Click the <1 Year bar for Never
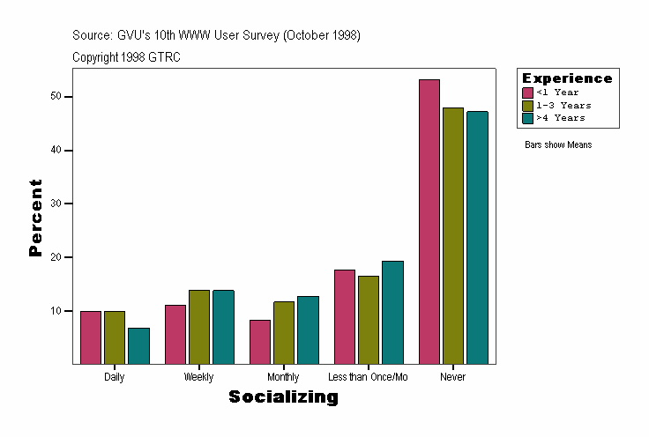429,221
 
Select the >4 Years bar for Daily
138,345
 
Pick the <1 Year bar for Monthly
260,341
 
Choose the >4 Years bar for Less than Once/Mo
392,312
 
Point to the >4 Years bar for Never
477,237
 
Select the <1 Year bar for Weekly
175,334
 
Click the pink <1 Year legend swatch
527,93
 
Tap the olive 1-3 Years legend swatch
527,105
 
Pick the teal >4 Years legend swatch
527,117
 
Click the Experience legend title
567,78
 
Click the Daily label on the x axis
114,377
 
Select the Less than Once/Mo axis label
368,377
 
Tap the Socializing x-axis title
283,397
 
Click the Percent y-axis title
35,218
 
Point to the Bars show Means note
558,144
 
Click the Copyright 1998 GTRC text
127,56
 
